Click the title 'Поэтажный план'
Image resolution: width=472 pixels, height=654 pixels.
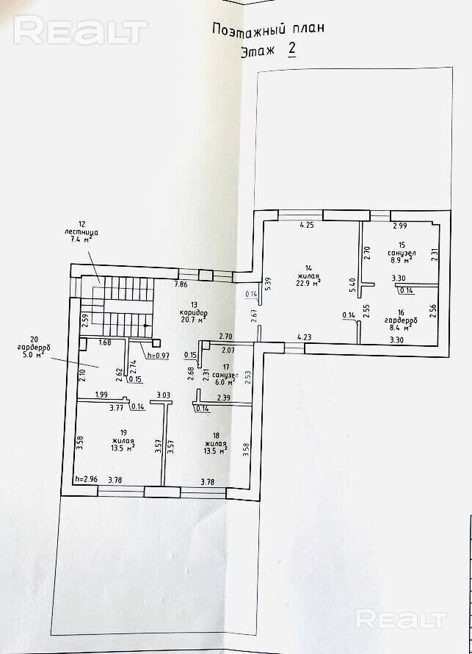[267, 29]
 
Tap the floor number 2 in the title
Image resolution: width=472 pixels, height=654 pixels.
[292, 50]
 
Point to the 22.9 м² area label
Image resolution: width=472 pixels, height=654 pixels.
[308, 282]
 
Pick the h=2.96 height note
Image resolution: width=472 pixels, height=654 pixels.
[87, 480]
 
